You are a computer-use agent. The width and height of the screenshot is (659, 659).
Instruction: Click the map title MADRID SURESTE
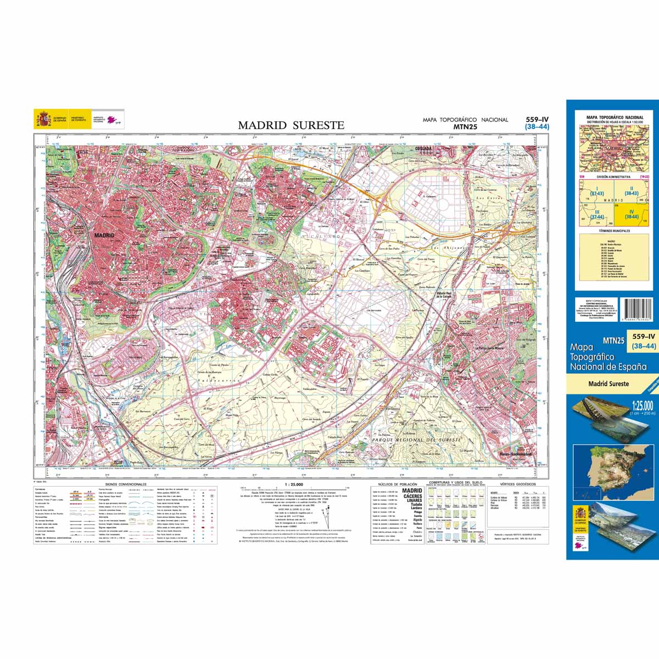coord(291,125)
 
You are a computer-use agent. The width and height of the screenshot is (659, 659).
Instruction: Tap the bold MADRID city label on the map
coord(104,235)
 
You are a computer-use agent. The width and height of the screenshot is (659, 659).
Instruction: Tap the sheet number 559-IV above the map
coord(537,119)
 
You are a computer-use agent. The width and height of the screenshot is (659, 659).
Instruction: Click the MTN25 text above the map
coord(465,126)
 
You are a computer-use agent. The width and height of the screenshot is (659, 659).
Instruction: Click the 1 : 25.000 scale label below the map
coord(294,484)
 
